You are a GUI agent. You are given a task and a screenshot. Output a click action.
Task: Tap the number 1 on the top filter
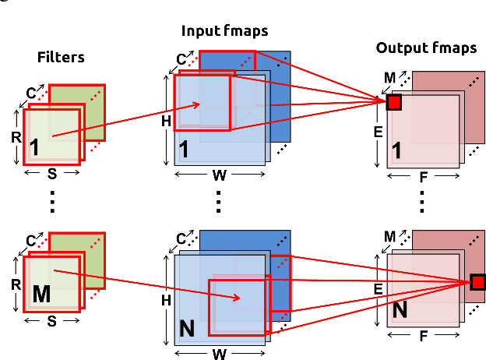click(34, 146)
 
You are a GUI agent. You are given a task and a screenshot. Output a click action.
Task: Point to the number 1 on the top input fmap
click(185, 147)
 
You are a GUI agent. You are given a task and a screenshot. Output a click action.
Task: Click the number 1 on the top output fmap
click(397, 151)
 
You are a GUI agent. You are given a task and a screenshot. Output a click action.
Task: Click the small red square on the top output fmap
click(393, 103)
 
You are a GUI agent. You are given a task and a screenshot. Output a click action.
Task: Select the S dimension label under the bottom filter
click(52, 319)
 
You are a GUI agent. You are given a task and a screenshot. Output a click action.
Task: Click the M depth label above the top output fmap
click(391, 76)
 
